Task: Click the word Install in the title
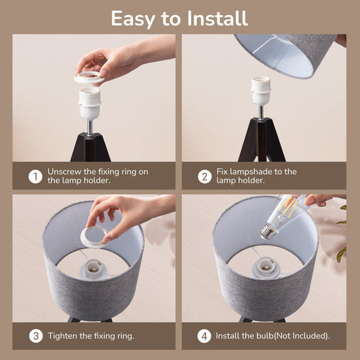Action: click(217, 19)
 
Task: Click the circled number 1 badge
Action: click(35, 176)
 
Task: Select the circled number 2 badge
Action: click(205, 176)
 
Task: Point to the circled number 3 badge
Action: click(36, 336)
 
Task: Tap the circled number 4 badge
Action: click(204, 336)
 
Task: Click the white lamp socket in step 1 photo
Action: click(89, 103)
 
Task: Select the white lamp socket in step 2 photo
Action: click(260, 91)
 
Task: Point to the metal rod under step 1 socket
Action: click(90, 128)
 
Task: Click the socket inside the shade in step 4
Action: click(266, 266)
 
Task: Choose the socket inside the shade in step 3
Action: click(93, 269)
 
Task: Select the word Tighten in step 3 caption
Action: click(62, 336)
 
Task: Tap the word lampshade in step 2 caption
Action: click(251, 172)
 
